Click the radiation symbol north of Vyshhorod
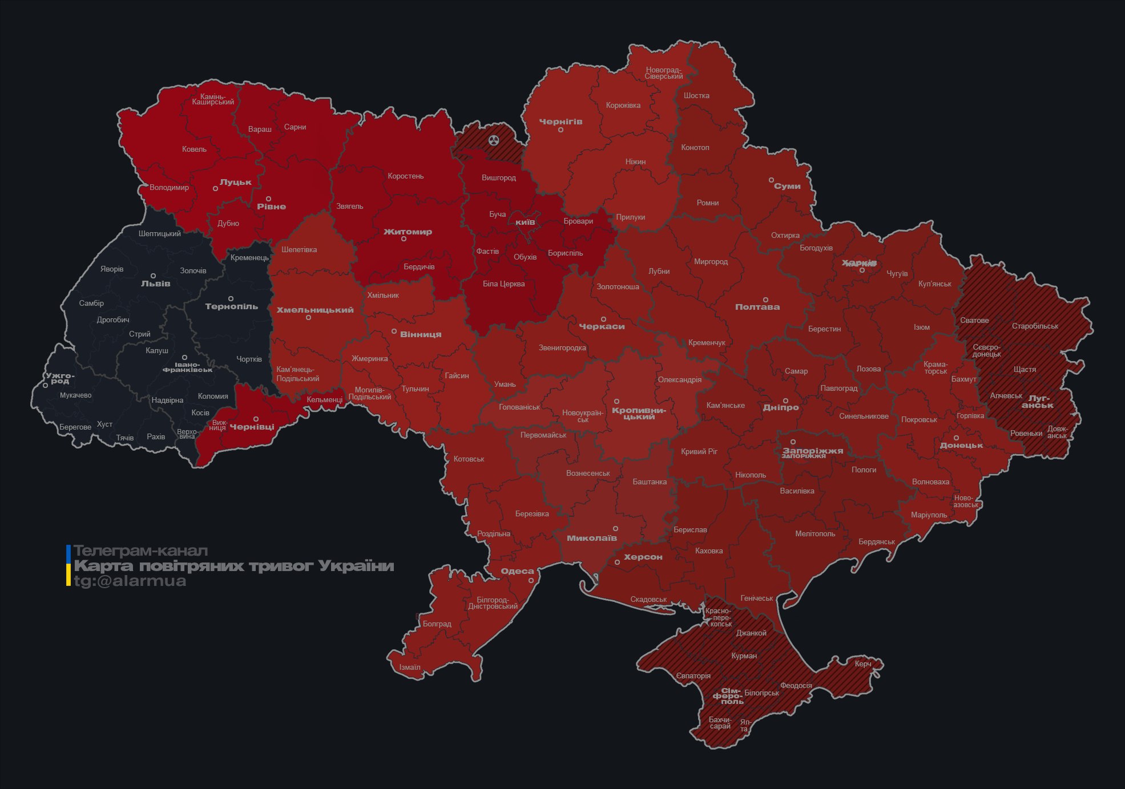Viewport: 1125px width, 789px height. pyautogui.click(x=494, y=140)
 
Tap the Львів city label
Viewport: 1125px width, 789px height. pyautogui.click(x=155, y=284)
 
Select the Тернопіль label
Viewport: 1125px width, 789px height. pyautogui.click(x=231, y=307)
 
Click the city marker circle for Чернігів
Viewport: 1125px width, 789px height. pyautogui.click(x=561, y=130)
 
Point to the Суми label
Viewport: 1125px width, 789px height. pyautogui.click(x=787, y=187)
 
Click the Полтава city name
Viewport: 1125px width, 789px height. pyautogui.click(x=757, y=307)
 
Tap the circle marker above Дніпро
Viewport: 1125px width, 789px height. pyautogui.click(x=785, y=401)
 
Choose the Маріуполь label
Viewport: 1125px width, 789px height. pyautogui.click(x=929, y=515)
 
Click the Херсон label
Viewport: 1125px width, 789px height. pyautogui.click(x=643, y=557)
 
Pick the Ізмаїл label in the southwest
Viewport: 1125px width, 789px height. pyautogui.click(x=409, y=667)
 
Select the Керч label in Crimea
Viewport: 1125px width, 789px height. pyautogui.click(x=862, y=664)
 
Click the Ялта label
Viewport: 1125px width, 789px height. pyautogui.click(x=744, y=726)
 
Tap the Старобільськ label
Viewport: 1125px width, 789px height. pyautogui.click(x=1034, y=326)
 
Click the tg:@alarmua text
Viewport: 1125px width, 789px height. pyautogui.click(x=130, y=581)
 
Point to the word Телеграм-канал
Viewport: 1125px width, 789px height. pyautogui.click(x=140, y=551)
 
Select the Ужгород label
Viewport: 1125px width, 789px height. pyautogui.click(x=59, y=378)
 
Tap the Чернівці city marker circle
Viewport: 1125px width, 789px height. pyautogui.click(x=256, y=419)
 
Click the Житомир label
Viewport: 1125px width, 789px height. pyautogui.click(x=408, y=232)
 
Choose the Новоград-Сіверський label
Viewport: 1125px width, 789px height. pyautogui.click(x=663, y=73)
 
